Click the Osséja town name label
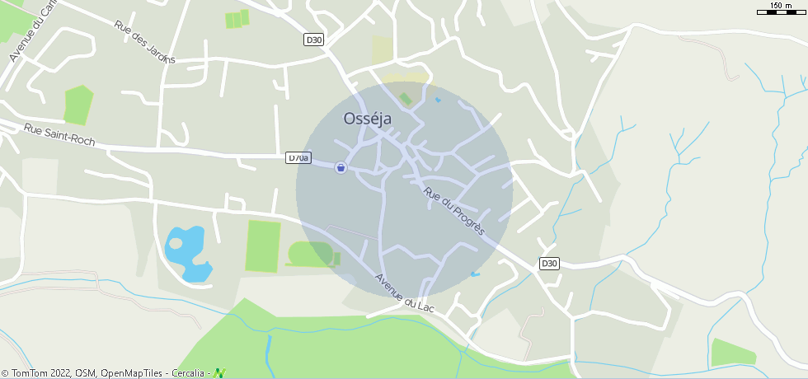pyautogui.click(x=367, y=119)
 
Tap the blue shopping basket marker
pyautogui.click(x=341, y=167)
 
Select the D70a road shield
pyautogui.click(x=298, y=157)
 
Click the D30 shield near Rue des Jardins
pyautogui.click(x=313, y=39)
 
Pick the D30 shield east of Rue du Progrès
pyautogui.click(x=550, y=264)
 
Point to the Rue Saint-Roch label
pyautogui.click(x=59, y=135)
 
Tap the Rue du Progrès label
pyautogui.click(x=454, y=212)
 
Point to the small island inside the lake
pyautogui.click(x=176, y=243)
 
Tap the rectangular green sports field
pyautogui.click(x=263, y=246)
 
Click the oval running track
pyautogui.click(x=312, y=255)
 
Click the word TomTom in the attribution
pyautogui.click(x=29, y=373)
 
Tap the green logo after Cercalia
pyautogui.click(x=219, y=373)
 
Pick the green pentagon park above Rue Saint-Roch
pyautogui.click(x=78, y=105)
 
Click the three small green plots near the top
pyautogui.click(x=237, y=19)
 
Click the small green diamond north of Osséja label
pyautogui.click(x=405, y=99)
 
